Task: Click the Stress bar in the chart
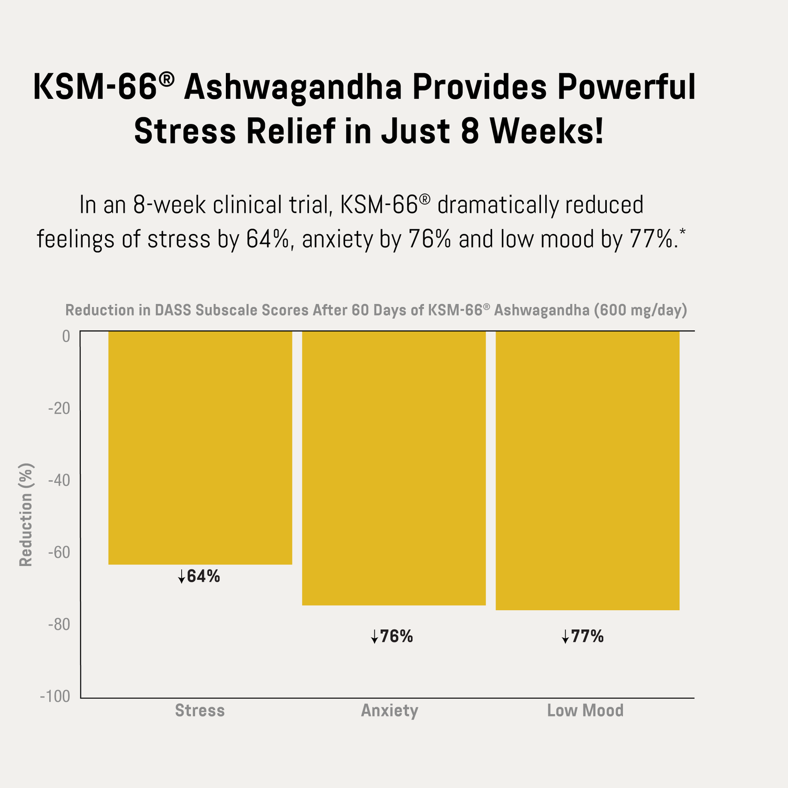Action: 200,448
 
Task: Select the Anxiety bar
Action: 393,468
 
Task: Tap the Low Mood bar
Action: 587,470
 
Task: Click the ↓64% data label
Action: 199,577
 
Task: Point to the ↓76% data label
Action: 392,637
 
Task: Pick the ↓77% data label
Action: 583,637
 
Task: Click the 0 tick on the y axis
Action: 66,336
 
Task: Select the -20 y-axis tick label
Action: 59,408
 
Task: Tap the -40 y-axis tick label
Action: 59,480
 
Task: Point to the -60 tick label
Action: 59,553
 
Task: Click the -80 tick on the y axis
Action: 59,625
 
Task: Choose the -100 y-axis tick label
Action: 55,697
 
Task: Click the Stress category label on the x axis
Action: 200,711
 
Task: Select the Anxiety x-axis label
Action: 389,711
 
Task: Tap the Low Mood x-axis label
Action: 585,711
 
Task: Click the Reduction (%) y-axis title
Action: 26,515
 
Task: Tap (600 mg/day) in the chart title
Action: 640,310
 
